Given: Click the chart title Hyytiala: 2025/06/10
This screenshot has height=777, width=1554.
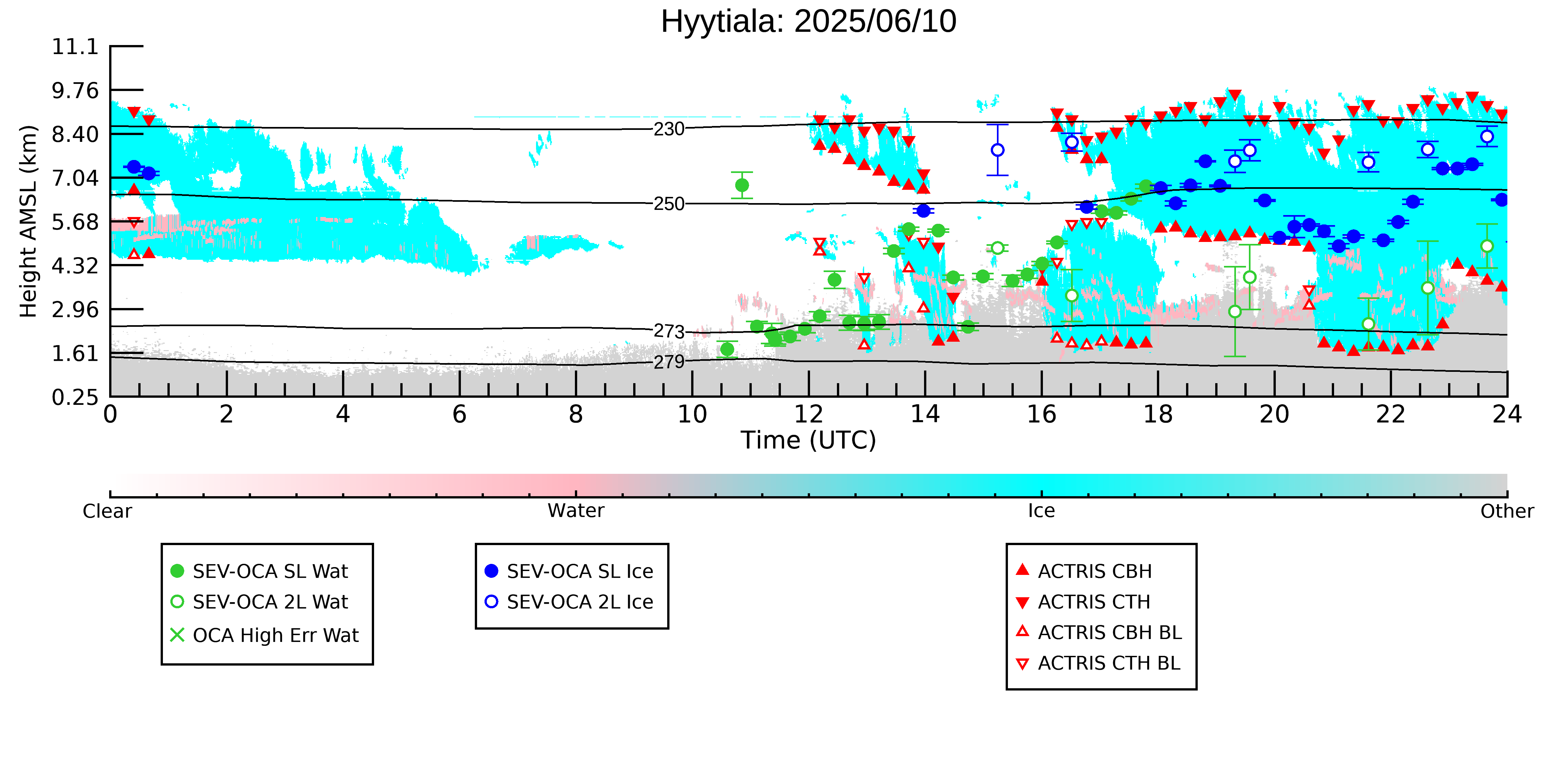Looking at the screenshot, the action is [x=808, y=22].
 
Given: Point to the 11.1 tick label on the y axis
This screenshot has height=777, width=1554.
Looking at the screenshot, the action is [x=75, y=46].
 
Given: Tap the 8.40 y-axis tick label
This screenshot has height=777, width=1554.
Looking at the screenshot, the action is [x=75, y=134].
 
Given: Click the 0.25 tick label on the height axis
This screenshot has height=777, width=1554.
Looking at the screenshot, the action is [x=75, y=397].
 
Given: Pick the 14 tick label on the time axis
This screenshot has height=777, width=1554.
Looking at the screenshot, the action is [x=925, y=415].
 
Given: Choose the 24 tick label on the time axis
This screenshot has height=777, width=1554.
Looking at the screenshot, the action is [x=1507, y=415].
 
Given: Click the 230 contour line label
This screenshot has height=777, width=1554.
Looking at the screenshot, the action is [x=669, y=129].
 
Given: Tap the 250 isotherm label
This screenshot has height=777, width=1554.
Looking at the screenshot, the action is [x=669, y=204].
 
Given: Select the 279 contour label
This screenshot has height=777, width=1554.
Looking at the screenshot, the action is [x=669, y=362].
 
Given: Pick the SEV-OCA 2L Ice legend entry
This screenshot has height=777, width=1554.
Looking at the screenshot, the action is [x=569, y=602].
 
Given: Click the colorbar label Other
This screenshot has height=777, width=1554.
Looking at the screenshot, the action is [x=1507, y=511].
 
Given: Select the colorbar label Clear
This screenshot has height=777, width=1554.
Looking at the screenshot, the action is [x=108, y=511].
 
